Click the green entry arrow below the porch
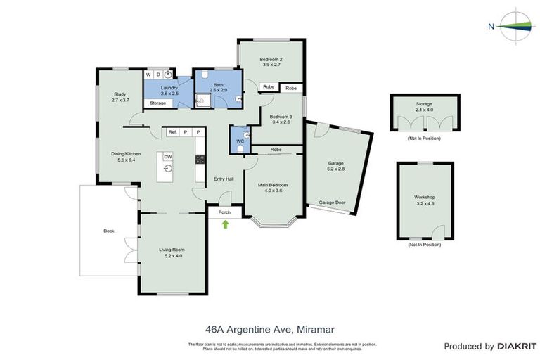(225, 225)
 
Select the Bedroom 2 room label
(271, 60)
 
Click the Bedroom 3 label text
(281, 117)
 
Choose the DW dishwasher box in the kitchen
(168, 156)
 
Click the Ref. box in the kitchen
(172, 132)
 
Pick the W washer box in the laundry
(148, 75)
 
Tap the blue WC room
(239, 139)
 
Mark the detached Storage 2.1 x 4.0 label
(423, 107)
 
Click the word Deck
(108, 231)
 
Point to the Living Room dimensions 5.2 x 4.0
(173, 256)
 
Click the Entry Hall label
(224, 179)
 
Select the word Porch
(224, 212)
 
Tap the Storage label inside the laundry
(158, 103)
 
